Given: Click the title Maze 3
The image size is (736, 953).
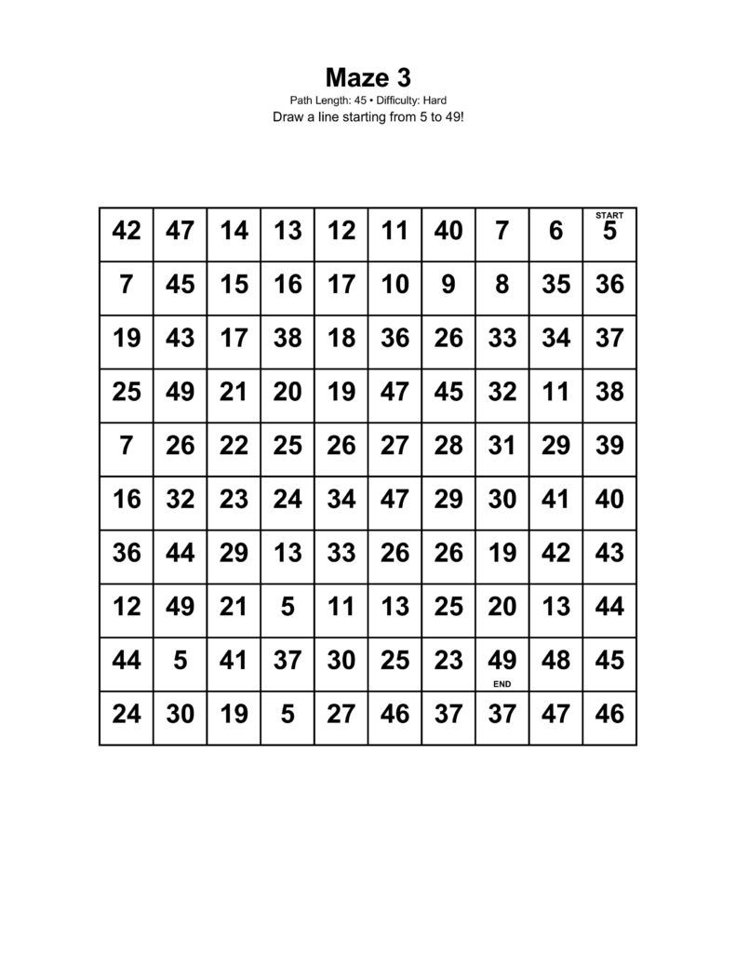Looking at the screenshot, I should click(x=368, y=75).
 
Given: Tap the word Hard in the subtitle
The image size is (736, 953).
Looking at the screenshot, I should click(x=437, y=100).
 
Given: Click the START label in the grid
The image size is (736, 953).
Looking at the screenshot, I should click(x=609, y=215).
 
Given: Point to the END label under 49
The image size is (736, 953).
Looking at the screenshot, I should click(x=502, y=683).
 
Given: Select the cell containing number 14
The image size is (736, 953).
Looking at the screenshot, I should click(x=234, y=231).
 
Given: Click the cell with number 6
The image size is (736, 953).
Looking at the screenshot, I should click(x=555, y=231).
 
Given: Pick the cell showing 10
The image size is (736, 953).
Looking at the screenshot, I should click(x=395, y=285).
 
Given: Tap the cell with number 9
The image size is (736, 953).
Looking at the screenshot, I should click(x=448, y=285).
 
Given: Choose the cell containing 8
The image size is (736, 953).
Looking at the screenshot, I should click(x=502, y=285).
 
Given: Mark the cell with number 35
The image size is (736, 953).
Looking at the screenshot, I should click(x=555, y=285).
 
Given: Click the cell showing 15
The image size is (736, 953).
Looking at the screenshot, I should click(x=234, y=285).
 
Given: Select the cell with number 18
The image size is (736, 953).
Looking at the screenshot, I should click(x=341, y=339).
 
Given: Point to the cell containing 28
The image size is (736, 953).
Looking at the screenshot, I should click(x=448, y=446).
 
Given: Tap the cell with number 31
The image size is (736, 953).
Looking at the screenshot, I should click(x=502, y=446).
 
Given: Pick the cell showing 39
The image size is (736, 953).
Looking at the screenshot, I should click(x=609, y=446).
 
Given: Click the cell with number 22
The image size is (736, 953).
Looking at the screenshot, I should click(x=234, y=446).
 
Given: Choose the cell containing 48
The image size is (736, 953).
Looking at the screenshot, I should click(x=555, y=661).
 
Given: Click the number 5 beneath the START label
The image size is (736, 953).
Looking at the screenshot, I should click(x=609, y=233).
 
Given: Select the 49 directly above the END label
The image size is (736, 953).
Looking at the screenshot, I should click(x=502, y=660).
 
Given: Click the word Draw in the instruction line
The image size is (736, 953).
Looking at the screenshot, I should click(x=288, y=118).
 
